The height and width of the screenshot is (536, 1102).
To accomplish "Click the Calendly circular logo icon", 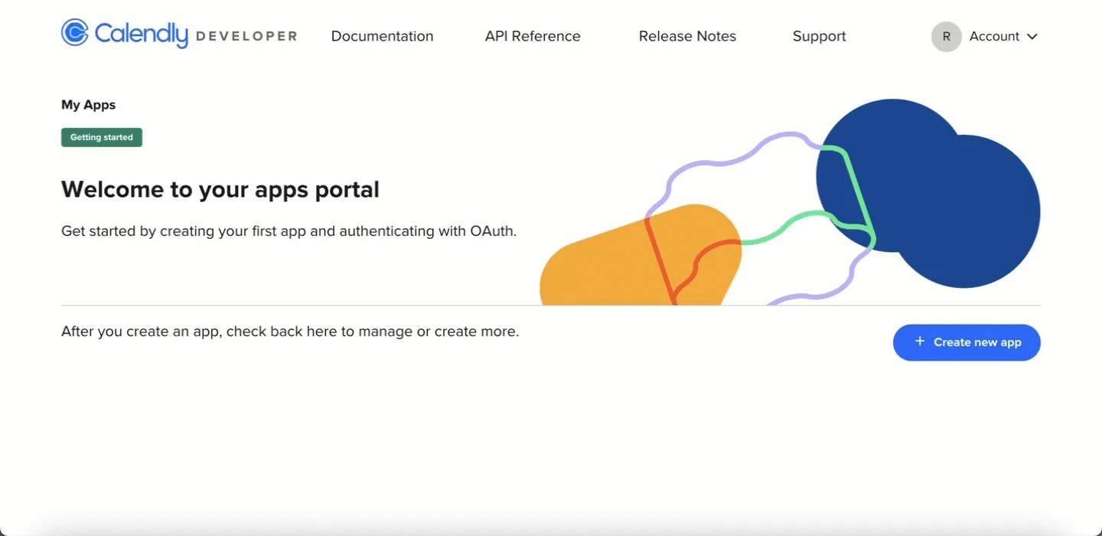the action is [x=75, y=32].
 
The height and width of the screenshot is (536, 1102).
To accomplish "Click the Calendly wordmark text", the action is [x=141, y=34].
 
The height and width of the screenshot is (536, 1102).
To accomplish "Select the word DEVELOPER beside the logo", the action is [x=246, y=37].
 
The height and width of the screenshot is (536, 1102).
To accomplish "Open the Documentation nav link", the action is [x=383, y=36].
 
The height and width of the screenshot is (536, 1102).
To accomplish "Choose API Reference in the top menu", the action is [x=533, y=36].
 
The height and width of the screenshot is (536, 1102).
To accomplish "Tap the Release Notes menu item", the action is [x=687, y=36].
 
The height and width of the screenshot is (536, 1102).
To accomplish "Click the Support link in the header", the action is [x=819, y=37].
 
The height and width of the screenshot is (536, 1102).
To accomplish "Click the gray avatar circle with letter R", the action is [x=946, y=37].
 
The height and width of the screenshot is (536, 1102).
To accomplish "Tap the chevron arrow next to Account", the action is [x=1032, y=37].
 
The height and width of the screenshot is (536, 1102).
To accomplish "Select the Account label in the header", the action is [x=994, y=37].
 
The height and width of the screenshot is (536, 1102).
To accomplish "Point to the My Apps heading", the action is [x=88, y=105].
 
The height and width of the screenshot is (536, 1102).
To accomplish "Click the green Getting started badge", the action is [x=101, y=137].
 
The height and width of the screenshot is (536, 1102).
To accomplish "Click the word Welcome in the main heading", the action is [x=112, y=189].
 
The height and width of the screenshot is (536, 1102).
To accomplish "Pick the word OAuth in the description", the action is [x=493, y=230].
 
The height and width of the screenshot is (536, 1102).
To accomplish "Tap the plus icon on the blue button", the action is [x=920, y=342].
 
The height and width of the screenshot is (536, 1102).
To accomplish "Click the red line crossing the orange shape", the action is [x=660, y=262].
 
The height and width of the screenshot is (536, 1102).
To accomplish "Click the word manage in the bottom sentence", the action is [x=385, y=332].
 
